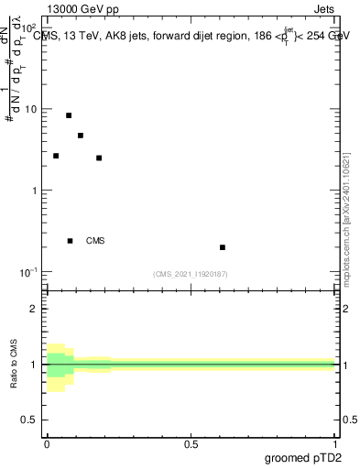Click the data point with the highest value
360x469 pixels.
point(69,115)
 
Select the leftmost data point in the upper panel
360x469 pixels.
point(56,156)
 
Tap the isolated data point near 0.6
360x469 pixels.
point(223,247)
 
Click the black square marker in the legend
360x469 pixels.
point(71,241)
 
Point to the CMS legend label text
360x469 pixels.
point(95,241)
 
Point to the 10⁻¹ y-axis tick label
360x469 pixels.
point(31,272)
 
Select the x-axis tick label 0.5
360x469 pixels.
point(191,444)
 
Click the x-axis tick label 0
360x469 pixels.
point(47,444)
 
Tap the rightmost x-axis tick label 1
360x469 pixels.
point(336,444)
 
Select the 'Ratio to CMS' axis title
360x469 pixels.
point(13,365)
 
